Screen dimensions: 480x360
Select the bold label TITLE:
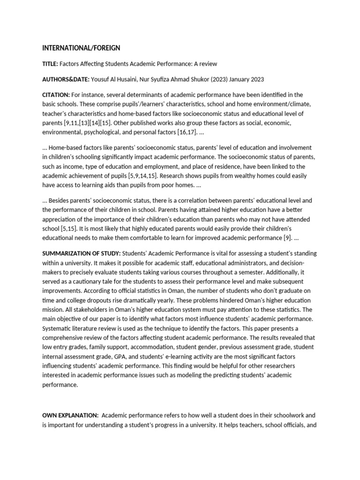pyautogui.click(x=50, y=64)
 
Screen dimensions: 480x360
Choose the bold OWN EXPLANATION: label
pyautogui.click(x=70, y=415)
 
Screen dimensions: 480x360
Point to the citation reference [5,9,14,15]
pyautogui.click(x=150, y=175)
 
